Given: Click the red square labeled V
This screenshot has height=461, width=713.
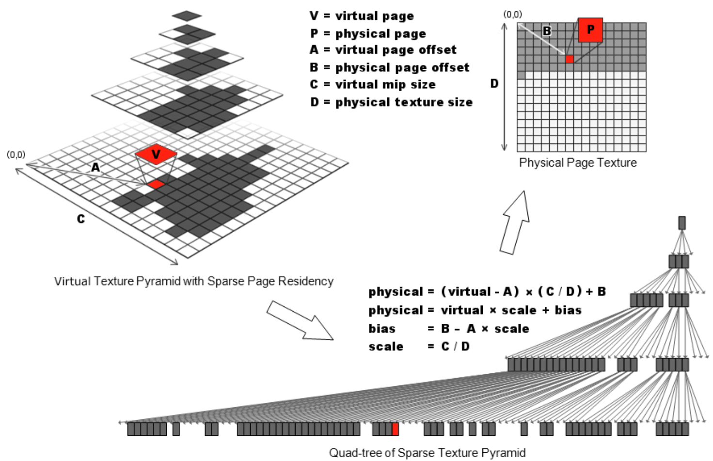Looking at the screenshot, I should coord(156,154).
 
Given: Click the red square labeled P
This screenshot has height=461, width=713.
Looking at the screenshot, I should coord(590,30).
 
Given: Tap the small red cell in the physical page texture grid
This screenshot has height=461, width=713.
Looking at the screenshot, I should coord(570,59).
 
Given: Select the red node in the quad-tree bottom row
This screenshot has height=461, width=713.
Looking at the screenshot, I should coord(395,429).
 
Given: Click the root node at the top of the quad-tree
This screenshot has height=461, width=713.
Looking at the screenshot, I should coord(682,223).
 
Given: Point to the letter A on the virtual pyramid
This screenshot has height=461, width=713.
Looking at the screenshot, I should coord(95,168).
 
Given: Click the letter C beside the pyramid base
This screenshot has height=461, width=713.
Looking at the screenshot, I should coord(80,219).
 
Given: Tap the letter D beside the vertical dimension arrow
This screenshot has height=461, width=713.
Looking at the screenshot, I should coord(494,84).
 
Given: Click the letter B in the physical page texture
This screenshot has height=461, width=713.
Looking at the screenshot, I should coord(547,31).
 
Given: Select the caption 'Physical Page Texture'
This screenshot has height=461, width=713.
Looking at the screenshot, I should coord(578,163).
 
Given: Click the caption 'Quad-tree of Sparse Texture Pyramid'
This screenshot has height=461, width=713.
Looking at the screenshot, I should coord(427,453).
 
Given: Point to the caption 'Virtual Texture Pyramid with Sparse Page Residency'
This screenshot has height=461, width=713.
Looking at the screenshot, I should coord(194,282).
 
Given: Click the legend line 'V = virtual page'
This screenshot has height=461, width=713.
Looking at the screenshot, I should coord(362,16).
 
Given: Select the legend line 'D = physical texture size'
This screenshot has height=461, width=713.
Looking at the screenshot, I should coord(391,102).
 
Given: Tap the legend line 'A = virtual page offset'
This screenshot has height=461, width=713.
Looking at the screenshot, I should coord(383,50).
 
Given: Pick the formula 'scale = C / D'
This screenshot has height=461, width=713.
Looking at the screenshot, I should coord(419,347).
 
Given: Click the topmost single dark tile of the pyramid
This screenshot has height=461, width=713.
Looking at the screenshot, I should coord(187,16).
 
